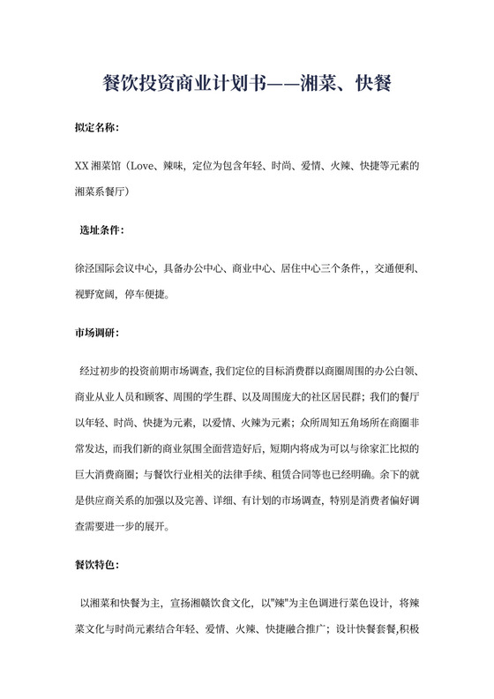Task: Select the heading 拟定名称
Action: coord(97,128)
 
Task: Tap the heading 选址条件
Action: coord(102,230)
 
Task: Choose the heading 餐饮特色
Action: coord(97,561)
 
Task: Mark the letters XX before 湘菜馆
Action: coord(82,165)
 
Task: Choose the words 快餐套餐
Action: coord(364,630)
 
